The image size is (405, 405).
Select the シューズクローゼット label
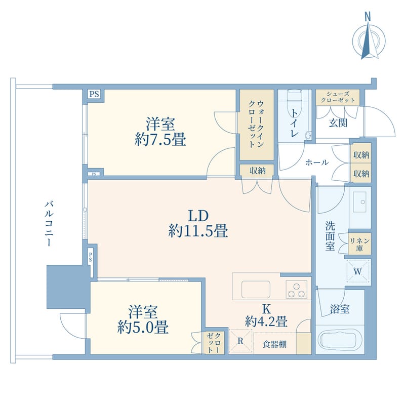338,97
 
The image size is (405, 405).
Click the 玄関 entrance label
338,123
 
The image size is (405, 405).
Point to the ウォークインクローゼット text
256,124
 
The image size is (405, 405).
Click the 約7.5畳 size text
160,140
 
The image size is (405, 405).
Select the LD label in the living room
198,216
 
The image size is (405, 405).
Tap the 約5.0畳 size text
143,328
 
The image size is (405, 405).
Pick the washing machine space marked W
358,271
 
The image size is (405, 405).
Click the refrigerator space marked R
240,341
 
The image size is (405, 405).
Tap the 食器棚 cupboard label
274,344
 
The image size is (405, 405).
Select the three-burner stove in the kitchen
296,289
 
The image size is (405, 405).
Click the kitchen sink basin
256,289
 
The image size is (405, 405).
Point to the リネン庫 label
359,245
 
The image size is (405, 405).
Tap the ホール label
317,163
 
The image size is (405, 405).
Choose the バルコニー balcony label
49,224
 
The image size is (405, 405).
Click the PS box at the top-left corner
94,94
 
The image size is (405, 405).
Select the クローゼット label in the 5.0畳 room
214,343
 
